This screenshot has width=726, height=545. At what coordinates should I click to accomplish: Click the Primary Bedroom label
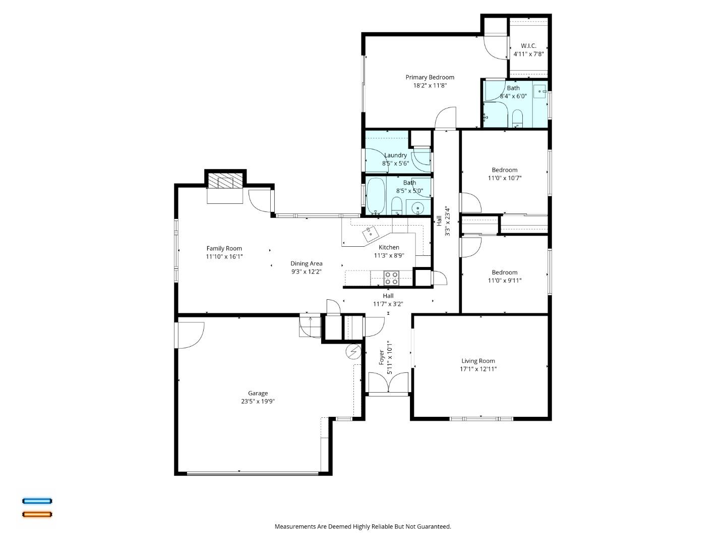(x=430, y=77)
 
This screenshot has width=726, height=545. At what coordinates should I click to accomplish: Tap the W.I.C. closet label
(x=528, y=46)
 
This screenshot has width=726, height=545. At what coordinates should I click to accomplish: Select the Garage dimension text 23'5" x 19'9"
(x=258, y=402)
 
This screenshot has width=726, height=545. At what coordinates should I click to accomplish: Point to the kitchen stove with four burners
(x=391, y=278)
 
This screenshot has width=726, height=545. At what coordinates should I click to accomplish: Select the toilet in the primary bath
(x=517, y=119)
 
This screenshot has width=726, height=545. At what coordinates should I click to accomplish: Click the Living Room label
(x=478, y=361)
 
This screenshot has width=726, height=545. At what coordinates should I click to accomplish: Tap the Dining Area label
(x=306, y=263)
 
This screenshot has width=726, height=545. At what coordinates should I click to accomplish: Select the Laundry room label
(x=395, y=155)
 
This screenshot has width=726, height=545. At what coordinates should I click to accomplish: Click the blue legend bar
(x=37, y=501)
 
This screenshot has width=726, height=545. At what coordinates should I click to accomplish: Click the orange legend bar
(x=37, y=515)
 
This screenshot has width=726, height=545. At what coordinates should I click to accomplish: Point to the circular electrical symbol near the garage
(x=353, y=351)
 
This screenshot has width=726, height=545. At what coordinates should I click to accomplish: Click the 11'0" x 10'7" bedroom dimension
(x=504, y=178)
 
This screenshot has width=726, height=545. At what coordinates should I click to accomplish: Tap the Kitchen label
(x=389, y=247)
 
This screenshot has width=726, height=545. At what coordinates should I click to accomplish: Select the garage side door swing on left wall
(x=190, y=335)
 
